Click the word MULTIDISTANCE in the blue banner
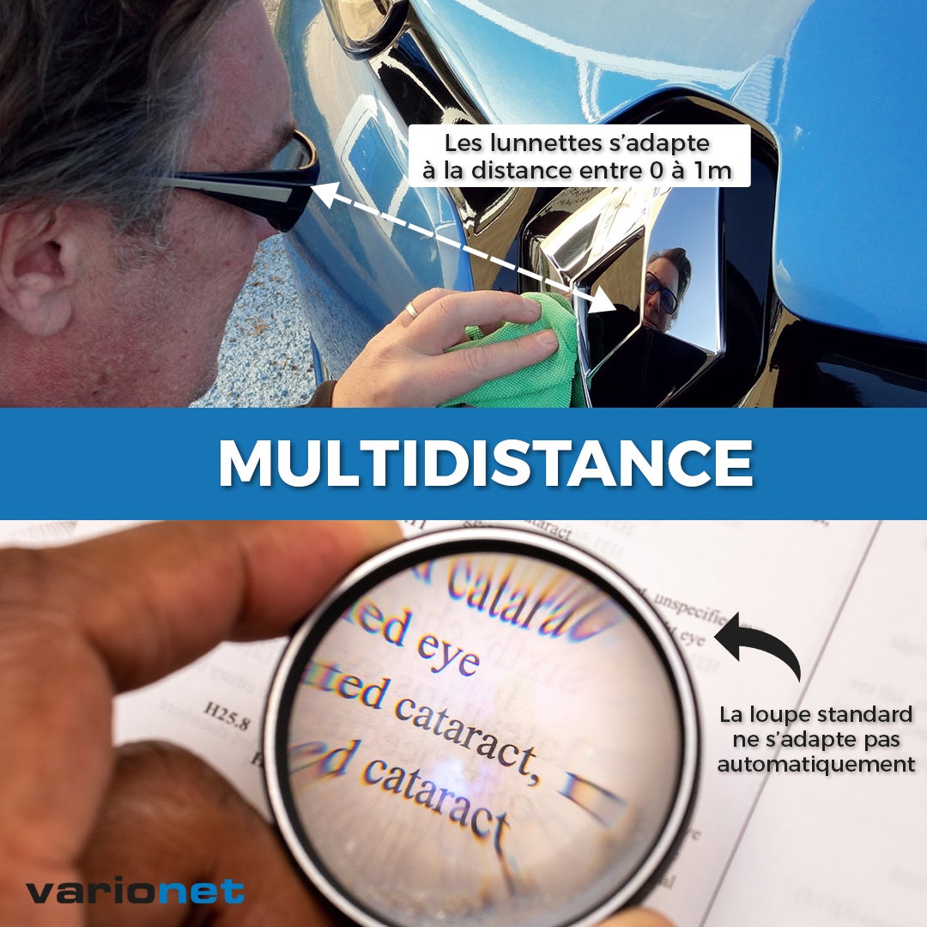tap(486, 463)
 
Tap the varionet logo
tap(135, 891)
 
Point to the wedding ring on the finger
tap(413, 310)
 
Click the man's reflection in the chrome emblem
tap(666, 288)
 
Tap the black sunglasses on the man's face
tap(257, 189)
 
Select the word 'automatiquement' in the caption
tap(815, 763)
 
